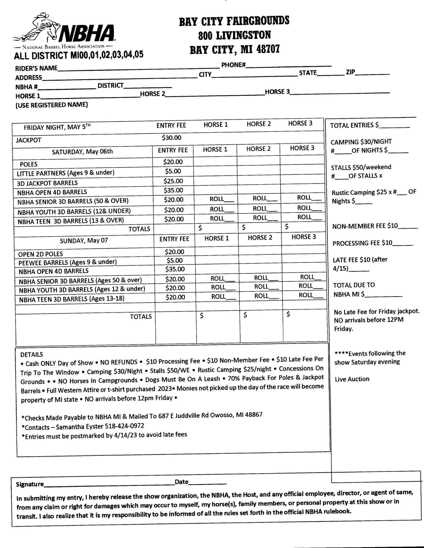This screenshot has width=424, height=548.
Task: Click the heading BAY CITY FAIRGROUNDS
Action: [x=234, y=21]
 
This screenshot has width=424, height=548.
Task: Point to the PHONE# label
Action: [x=233, y=65]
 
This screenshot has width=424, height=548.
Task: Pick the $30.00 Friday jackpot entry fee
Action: [x=171, y=138]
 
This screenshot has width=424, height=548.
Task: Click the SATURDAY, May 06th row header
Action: [x=82, y=151]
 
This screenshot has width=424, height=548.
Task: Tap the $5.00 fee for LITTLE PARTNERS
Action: [x=173, y=171]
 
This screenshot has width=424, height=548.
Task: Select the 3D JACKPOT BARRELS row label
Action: [x=47, y=183]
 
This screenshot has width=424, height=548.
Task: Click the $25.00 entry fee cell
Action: [x=173, y=181]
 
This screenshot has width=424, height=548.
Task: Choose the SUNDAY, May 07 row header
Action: [x=84, y=240]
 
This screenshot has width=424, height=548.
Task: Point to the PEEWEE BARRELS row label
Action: [x=67, y=262]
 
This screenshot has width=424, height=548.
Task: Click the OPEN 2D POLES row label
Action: [x=40, y=254]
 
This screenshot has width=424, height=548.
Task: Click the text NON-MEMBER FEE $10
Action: [x=365, y=226]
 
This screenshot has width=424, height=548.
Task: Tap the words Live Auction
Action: [x=352, y=379]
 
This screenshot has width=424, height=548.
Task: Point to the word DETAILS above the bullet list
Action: [x=32, y=355]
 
